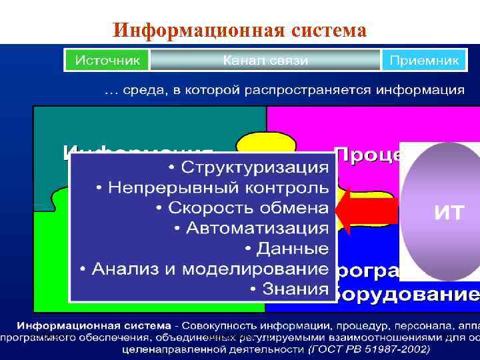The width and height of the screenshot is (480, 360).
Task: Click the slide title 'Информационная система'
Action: (240, 30)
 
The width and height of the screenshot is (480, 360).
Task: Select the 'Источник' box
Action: (107, 60)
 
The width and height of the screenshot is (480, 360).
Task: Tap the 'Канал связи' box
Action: (265, 60)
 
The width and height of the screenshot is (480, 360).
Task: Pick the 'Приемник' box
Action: (424, 60)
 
